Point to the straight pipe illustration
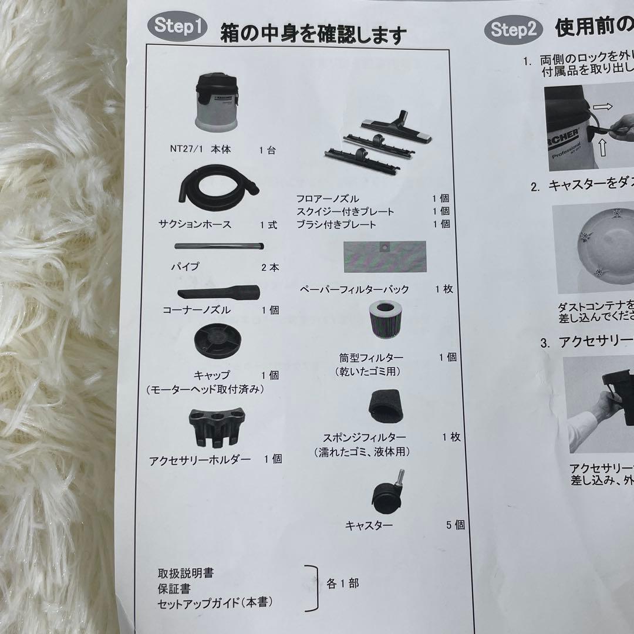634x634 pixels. (x=219, y=247)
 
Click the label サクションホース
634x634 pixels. (x=195, y=225)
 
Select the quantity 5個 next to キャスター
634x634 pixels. (x=455, y=525)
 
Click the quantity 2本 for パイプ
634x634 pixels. (x=271, y=268)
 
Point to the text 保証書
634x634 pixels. (x=174, y=588)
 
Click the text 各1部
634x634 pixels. (x=342, y=584)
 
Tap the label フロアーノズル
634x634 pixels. (x=328, y=199)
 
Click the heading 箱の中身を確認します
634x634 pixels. (x=312, y=34)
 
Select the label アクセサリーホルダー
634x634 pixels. (x=200, y=460)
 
